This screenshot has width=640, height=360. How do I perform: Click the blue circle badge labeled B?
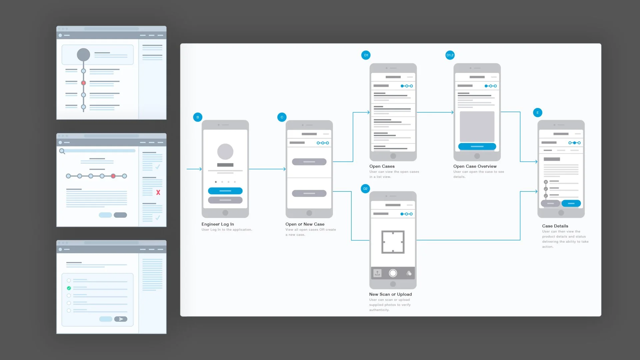tap(198, 117)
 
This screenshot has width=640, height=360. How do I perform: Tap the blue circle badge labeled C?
tap(282, 117)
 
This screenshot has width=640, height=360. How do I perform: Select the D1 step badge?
tap(366, 55)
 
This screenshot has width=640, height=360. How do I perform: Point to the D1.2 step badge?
tap(450, 55)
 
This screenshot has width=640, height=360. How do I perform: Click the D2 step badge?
tap(365, 189)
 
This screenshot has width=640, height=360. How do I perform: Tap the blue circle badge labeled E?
tap(537, 113)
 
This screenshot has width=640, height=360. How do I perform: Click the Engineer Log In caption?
tap(218, 224)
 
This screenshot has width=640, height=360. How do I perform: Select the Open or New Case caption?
tap(305, 224)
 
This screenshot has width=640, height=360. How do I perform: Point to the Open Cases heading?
tap(382, 166)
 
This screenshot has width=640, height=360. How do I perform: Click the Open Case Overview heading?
tap(475, 166)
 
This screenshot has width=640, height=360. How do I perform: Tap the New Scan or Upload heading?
tap(390, 294)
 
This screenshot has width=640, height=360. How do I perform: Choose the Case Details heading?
tap(555, 226)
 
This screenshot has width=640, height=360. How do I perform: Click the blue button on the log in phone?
tap(225, 191)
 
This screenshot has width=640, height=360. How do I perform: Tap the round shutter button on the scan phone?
tap(393, 273)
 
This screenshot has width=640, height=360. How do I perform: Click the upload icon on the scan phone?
tap(377, 273)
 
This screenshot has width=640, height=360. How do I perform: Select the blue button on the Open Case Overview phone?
tap(477, 146)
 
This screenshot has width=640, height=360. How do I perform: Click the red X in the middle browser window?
tap(158, 193)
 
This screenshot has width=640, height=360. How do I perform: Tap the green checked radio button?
tap(69, 288)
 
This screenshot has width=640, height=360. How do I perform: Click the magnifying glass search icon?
tap(62, 151)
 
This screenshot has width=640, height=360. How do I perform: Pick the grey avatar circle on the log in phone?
tap(225, 152)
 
